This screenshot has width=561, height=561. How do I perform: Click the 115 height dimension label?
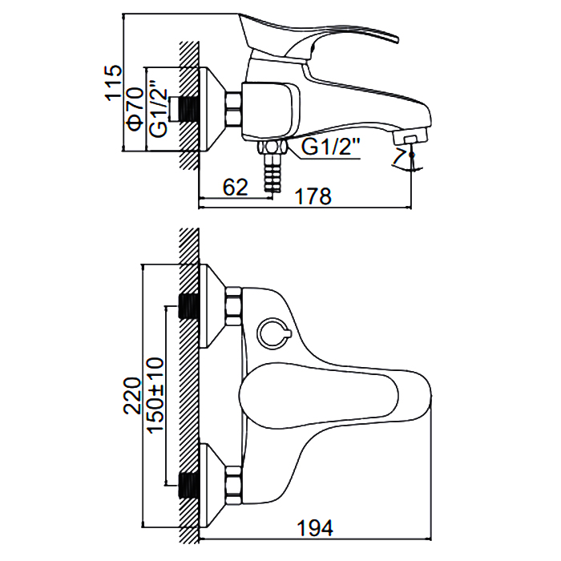pos(113,83)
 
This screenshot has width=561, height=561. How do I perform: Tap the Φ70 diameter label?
pos(135,109)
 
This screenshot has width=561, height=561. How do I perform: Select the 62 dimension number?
pos(235,187)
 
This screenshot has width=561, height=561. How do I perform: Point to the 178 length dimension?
pos(313,196)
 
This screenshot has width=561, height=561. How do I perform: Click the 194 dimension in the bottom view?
pos(315,527)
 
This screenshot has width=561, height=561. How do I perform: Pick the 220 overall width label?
pos(132,396)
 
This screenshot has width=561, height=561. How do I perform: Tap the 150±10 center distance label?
pos(156,395)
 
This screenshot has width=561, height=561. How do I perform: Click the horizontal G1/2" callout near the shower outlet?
pos(330,147)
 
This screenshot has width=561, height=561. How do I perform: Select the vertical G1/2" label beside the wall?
pos(159,108)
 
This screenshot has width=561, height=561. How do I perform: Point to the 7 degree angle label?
pos(398,156)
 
